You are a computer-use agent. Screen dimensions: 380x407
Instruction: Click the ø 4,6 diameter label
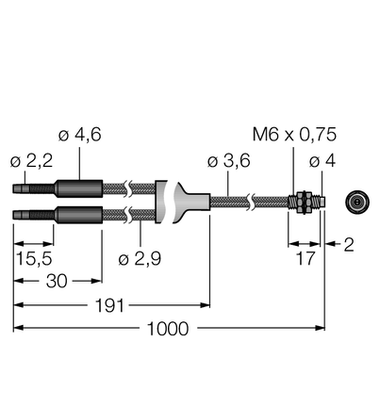[80, 135]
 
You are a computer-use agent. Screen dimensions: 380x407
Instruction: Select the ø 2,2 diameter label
[31, 161]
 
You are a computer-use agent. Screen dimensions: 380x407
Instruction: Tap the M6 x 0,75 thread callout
[294, 135]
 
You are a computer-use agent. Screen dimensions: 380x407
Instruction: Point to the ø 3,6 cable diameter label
[229, 161]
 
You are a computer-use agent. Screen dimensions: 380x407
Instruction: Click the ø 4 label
[322, 161]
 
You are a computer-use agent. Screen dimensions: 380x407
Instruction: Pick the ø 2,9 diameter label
[140, 259]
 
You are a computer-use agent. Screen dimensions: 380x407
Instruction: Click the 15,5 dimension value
[34, 259]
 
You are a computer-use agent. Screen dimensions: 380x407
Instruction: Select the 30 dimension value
[57, 281]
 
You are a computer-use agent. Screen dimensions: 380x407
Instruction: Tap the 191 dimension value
[109, 305]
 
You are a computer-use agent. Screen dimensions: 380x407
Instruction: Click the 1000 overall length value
[168, 329]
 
